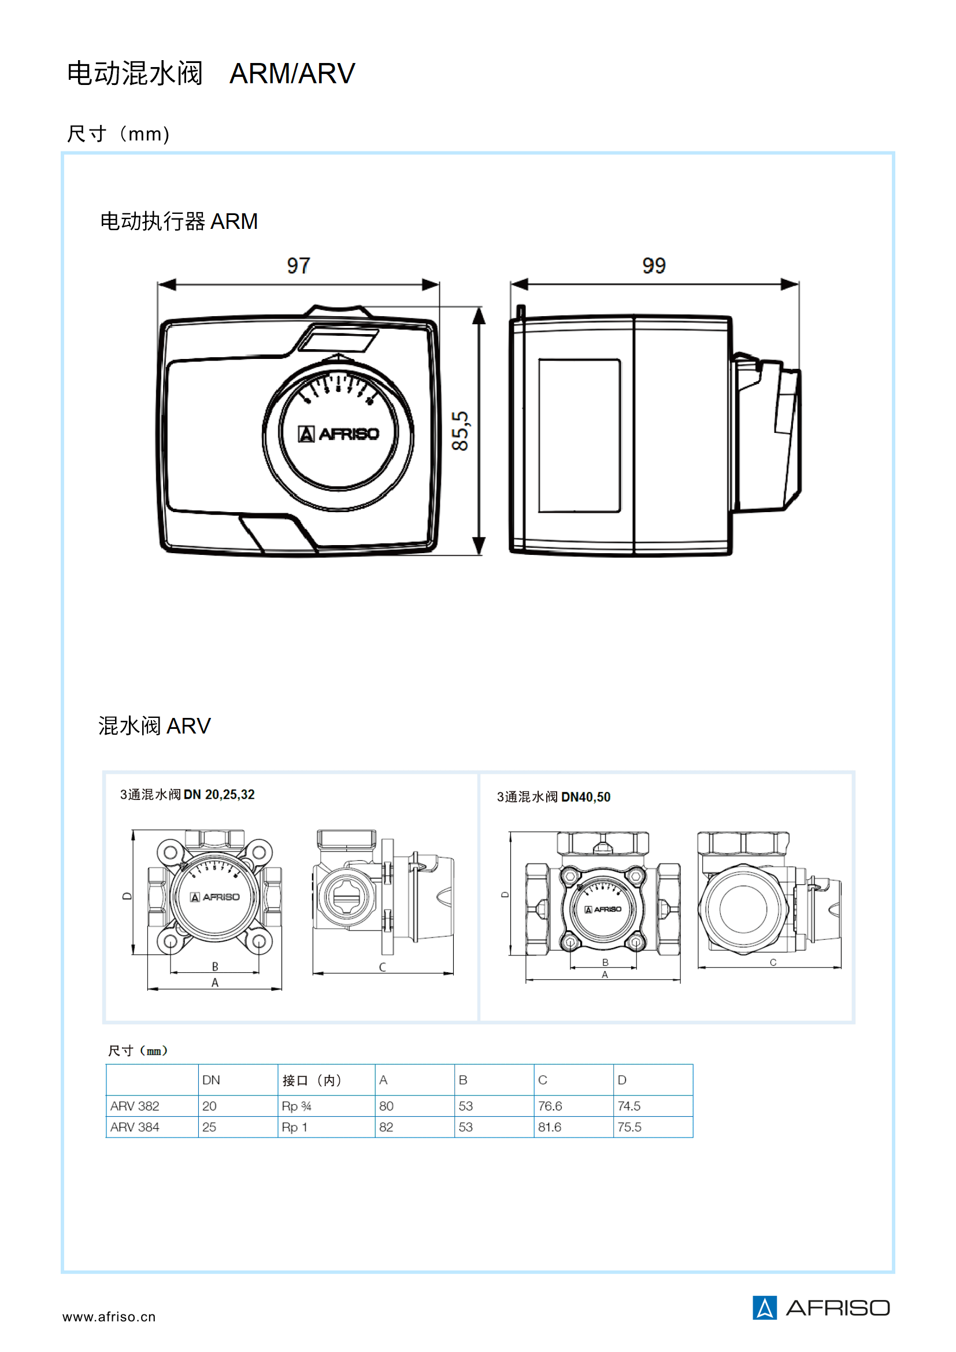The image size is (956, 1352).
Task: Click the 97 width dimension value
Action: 298,265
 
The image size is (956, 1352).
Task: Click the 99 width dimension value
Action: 654,265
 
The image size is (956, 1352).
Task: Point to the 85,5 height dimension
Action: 460,431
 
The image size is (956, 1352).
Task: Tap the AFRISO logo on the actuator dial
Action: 339,434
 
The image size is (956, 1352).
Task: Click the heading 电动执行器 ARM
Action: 179,221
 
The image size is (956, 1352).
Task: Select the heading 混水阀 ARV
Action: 154,725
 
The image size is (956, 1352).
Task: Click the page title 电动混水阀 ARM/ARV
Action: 211,73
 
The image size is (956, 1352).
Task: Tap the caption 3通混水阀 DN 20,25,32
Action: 187,795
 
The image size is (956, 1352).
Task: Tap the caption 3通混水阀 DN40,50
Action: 553,797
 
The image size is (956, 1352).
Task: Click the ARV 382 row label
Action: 135,1106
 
